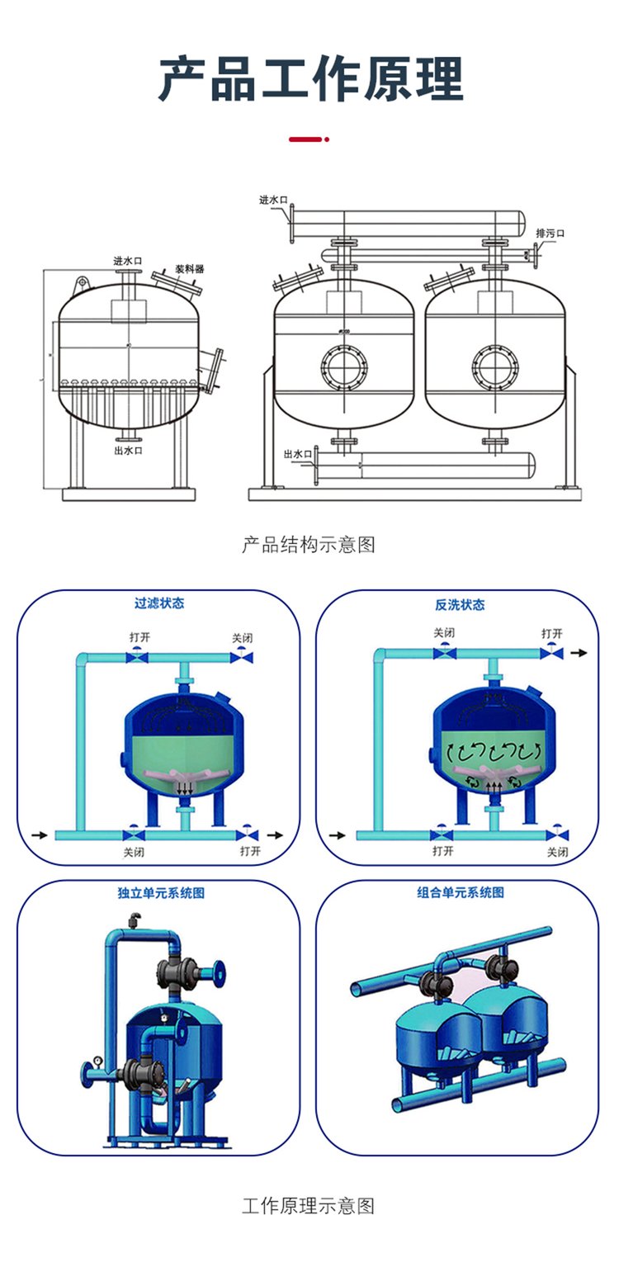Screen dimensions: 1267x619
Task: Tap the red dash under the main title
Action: click(308, 139)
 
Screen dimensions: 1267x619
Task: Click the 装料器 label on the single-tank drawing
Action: click(189, 269)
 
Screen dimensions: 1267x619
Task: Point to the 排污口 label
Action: click(550, 233)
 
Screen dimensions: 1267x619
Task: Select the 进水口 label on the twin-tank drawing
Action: click(272, 200)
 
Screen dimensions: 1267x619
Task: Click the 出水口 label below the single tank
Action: click(128, 451)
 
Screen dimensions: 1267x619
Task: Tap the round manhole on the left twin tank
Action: click(343, 366)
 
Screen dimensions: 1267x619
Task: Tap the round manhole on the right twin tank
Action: click(494, 366)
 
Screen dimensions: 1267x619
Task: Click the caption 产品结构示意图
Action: click(309, 545)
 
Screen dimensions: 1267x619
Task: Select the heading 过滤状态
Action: click(159, 603)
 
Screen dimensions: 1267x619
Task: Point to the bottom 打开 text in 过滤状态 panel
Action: click(249, 851)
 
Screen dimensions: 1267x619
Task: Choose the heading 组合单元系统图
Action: click(460, 892)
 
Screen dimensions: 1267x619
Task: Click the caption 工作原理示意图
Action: click(309, 1206)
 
